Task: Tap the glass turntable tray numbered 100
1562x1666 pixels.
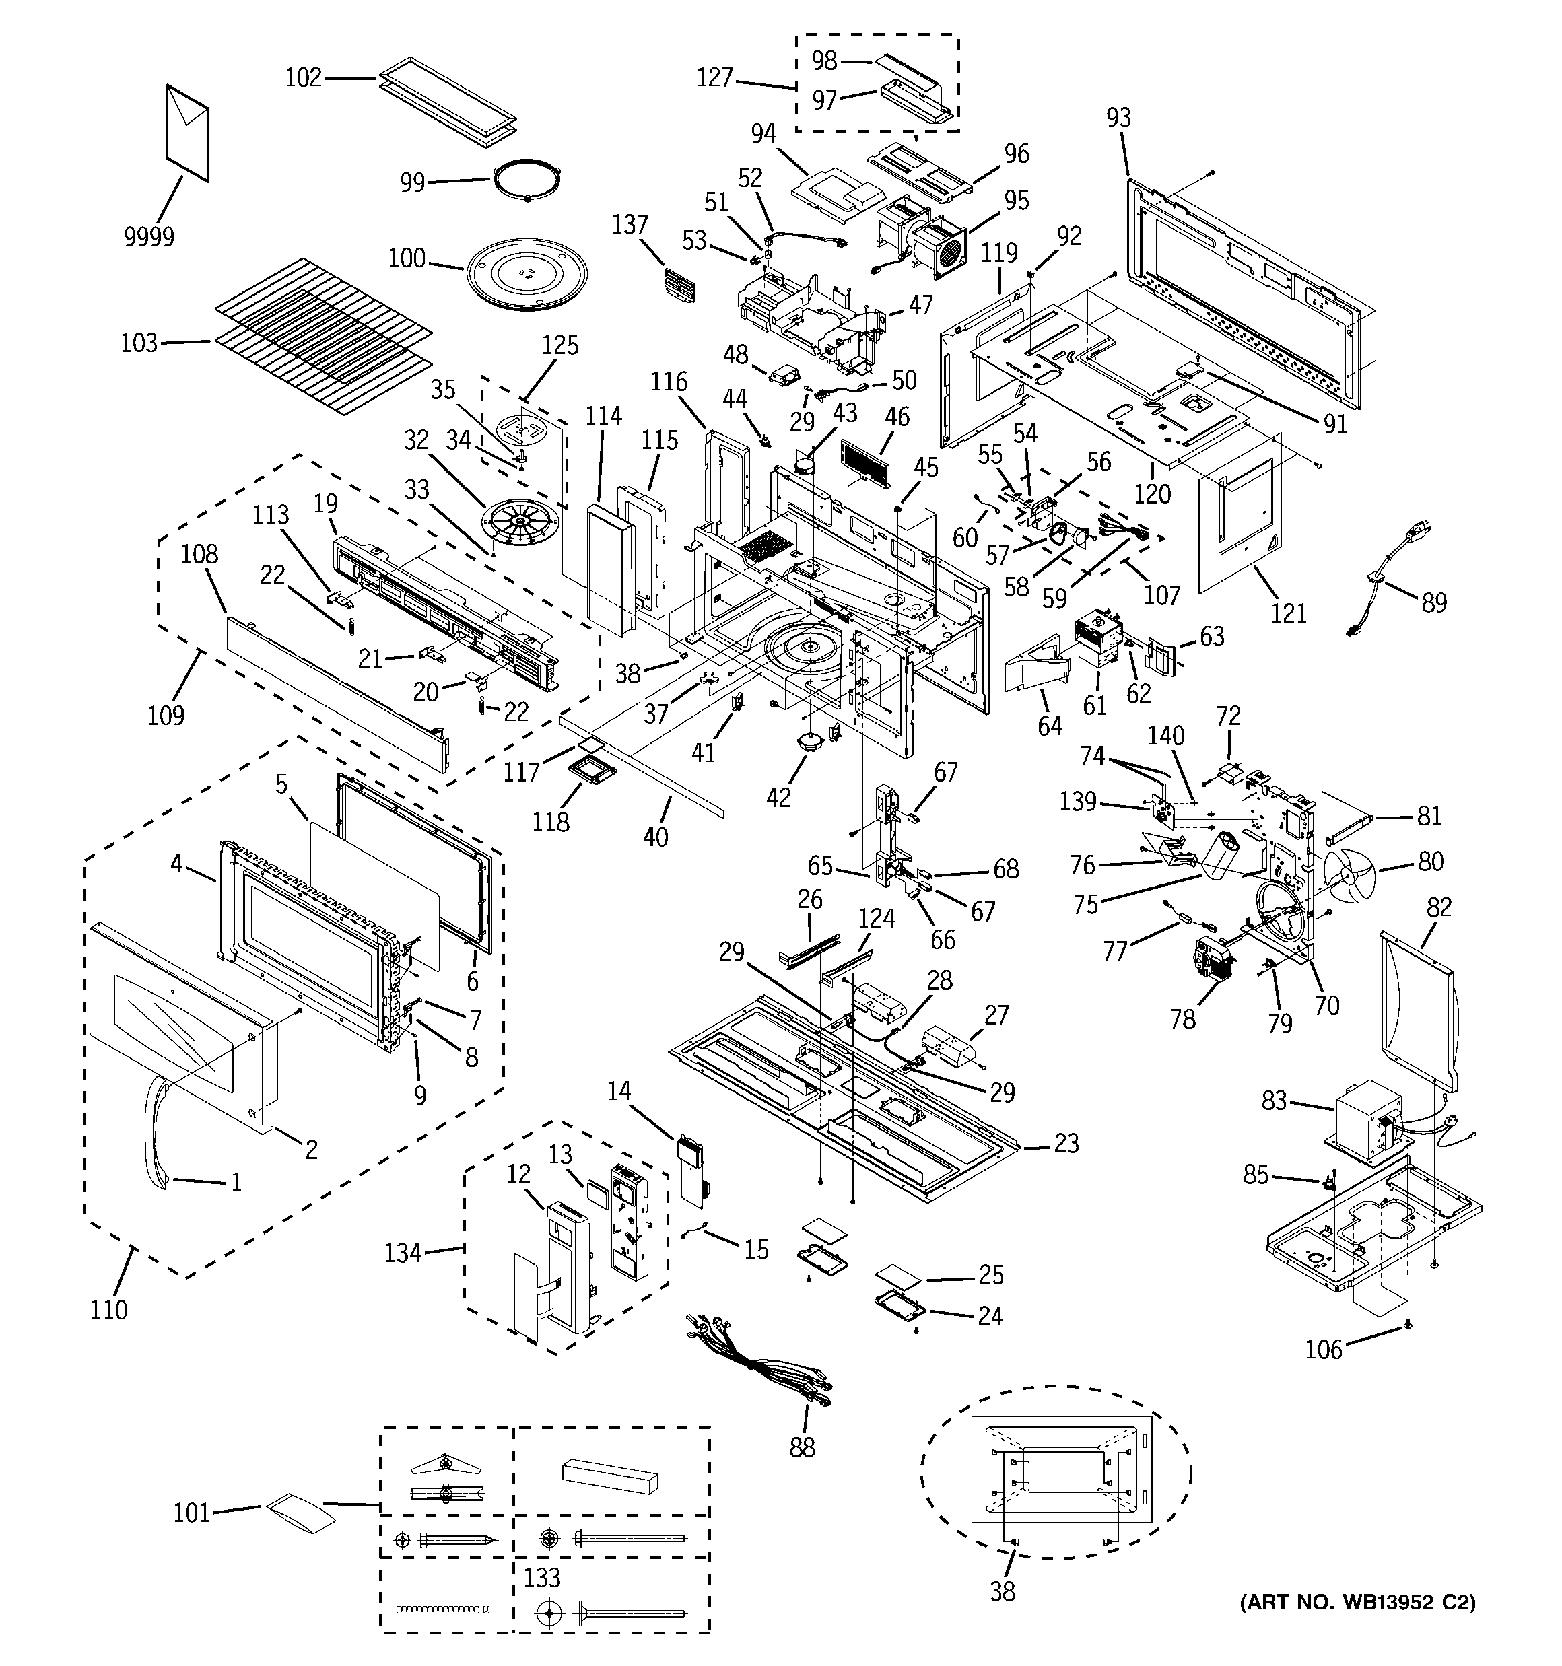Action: click(527, 278)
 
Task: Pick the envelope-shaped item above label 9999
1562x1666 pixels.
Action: click(187, 133)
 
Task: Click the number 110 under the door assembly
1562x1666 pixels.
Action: click(109, 1310)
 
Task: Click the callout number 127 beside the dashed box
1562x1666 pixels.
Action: click(715, 78)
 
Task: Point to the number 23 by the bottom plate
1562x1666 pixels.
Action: click(1066, 1143)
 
